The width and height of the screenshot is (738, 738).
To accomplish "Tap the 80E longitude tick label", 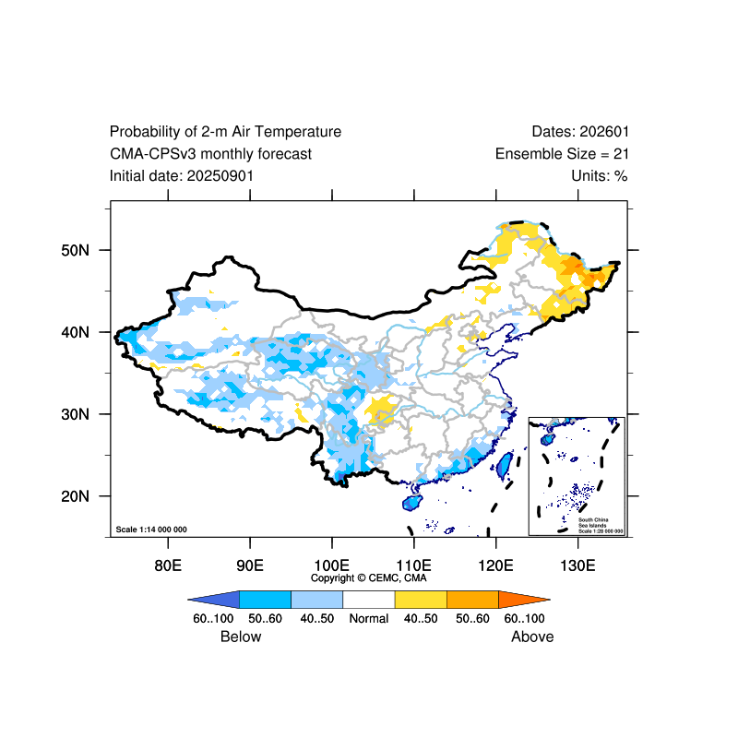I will pos(167,565).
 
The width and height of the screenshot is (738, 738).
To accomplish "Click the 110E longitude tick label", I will pos(413,565).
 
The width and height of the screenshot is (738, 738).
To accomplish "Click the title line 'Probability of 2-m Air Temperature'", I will pos(225,132).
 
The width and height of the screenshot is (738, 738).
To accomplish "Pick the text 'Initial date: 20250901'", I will pos(181,175).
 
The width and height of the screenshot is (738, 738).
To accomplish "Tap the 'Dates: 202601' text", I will pos(580,132).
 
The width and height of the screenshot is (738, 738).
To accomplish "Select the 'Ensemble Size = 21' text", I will pos(562,154).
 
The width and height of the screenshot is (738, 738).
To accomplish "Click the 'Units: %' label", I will pos(600,175).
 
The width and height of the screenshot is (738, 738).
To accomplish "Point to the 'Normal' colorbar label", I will pos(369,618).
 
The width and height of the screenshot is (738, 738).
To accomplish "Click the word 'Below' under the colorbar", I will pos(241,637).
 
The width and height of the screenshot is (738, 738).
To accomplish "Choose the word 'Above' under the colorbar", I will pos(532,637).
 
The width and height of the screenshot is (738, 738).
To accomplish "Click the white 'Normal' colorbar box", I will pos(369,598).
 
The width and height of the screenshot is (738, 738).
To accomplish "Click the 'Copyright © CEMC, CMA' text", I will pos(369,578).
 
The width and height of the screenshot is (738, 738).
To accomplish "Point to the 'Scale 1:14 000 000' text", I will pos(151,530).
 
